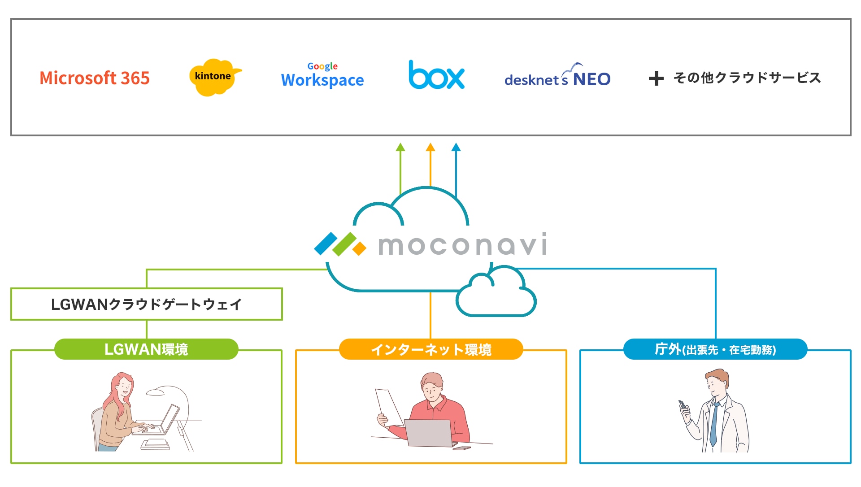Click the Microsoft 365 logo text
[x=94, y=78]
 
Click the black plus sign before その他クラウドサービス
[x=656, y=78]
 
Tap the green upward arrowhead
[x=400, y=147]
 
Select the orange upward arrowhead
[x=430, y=147]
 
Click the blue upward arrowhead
[x=456, y=147]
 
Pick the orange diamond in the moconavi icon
[x=359, y=248]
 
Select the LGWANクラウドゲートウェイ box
[x=147, y=304]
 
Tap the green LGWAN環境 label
[x=146, y=349]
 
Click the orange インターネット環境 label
[x=431, y=349]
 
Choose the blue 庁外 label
[x=715, y=349]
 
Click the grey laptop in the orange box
[x=429, y=433]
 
